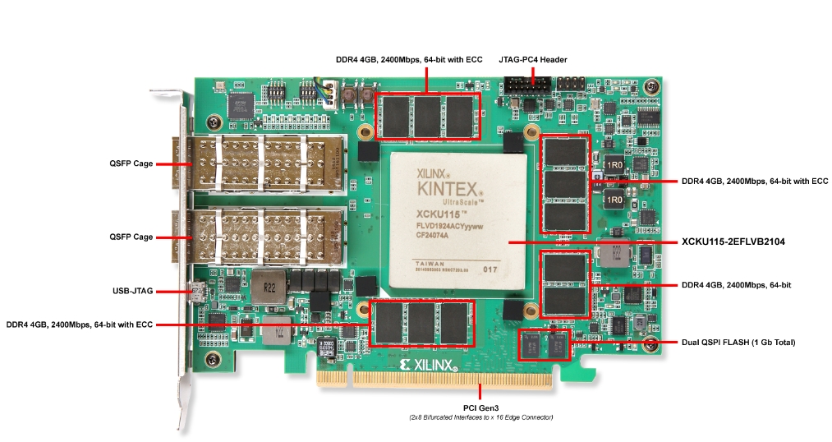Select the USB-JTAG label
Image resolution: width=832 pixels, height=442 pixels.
[131, 291]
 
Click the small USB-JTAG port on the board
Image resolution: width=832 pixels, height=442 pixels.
[196, 291]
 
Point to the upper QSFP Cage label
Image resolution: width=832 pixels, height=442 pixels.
[131, 163]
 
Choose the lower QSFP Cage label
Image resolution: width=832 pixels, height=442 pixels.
[131, 237]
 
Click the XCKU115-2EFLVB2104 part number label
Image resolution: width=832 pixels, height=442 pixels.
[746, 242]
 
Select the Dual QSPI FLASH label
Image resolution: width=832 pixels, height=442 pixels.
[738, 342]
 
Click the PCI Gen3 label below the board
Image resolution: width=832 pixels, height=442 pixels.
[480, 407]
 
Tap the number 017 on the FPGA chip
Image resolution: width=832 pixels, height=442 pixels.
[490, 269]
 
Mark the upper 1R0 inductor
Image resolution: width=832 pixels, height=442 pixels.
[614, 165]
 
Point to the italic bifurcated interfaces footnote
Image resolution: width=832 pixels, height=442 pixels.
[480, 418]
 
